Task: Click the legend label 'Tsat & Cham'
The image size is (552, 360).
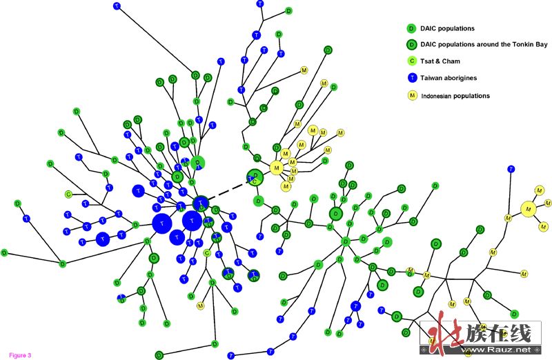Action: tap(441, 61)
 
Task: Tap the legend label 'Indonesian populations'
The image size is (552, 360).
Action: tap(455, 95)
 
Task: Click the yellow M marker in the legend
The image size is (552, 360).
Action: tap(411, 95)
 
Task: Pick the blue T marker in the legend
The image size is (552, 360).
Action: tap(411, 78)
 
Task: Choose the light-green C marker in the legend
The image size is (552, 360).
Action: tap(411, 61)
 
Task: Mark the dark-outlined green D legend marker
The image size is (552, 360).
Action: tap(411, 45)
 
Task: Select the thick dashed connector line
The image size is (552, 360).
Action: tap(226, 190)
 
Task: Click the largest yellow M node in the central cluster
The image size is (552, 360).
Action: tap(277, 167)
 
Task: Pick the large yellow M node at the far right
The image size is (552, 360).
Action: tap(529, 208)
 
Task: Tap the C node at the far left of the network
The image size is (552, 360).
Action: tap(68, 194)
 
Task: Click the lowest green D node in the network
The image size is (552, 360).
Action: tap(159, 354)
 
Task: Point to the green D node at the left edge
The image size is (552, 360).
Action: tap(4, 253)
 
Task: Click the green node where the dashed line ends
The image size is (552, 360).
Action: tap(255, 177)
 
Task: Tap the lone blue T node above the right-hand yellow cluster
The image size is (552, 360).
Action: tap(510, 168)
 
